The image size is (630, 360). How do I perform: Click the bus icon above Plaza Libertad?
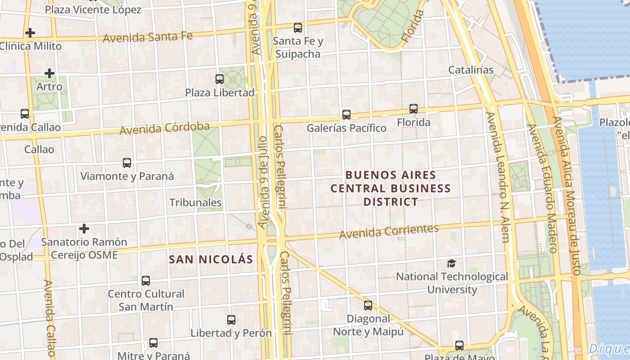click(x=220, y=79)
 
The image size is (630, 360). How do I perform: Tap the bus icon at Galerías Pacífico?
click(x=346, y=115)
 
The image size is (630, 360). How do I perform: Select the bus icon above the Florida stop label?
click(x=413, y=109)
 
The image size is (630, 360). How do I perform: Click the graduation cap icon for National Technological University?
click(x=451, y=263)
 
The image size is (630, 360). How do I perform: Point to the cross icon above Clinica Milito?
click(x=30, y=33)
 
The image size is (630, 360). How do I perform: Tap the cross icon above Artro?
click(x=49, y=73)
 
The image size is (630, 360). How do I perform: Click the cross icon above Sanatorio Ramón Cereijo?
click(x=84, y=229)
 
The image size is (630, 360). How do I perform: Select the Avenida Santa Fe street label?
click(x=148, y=36)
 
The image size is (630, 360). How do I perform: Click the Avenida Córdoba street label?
click(x=164, y=128)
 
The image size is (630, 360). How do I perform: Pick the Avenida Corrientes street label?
click(x=389, y=231)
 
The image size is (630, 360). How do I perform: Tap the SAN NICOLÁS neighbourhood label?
click(x=211, y=259)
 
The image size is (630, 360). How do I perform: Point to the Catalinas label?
click(x=471, y=70)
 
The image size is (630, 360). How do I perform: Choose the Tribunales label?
click(x=195, y=202)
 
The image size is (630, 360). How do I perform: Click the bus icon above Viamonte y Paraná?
click(x=127, y=163)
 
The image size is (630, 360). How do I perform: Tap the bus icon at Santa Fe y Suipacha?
click(x=297, y=28)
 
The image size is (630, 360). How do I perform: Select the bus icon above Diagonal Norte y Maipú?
click(x=368, y=306)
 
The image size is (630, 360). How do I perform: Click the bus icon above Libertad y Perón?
click(x=231, y=320)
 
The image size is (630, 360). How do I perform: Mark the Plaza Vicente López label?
click(x=93, y=9)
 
